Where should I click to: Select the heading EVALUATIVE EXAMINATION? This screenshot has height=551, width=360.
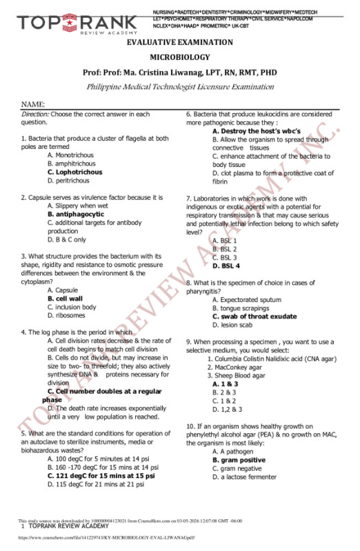click(179, 43)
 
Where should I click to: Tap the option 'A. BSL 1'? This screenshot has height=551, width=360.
click(224, 240)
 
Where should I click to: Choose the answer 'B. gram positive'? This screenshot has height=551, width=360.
click(239, 459)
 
